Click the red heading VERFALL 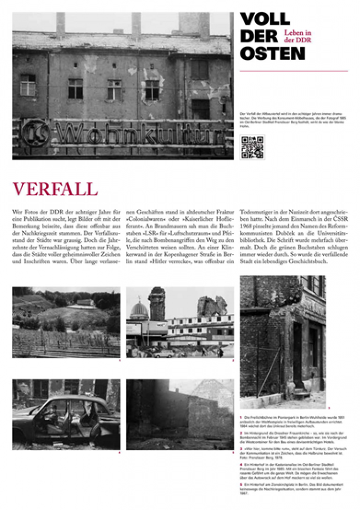coord(55,189)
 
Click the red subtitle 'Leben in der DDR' coord(298,36)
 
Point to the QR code coord(252,147)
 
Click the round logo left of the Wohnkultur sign coord(35,132)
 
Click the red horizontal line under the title coord(294,71)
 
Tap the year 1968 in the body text coord(248,228)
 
